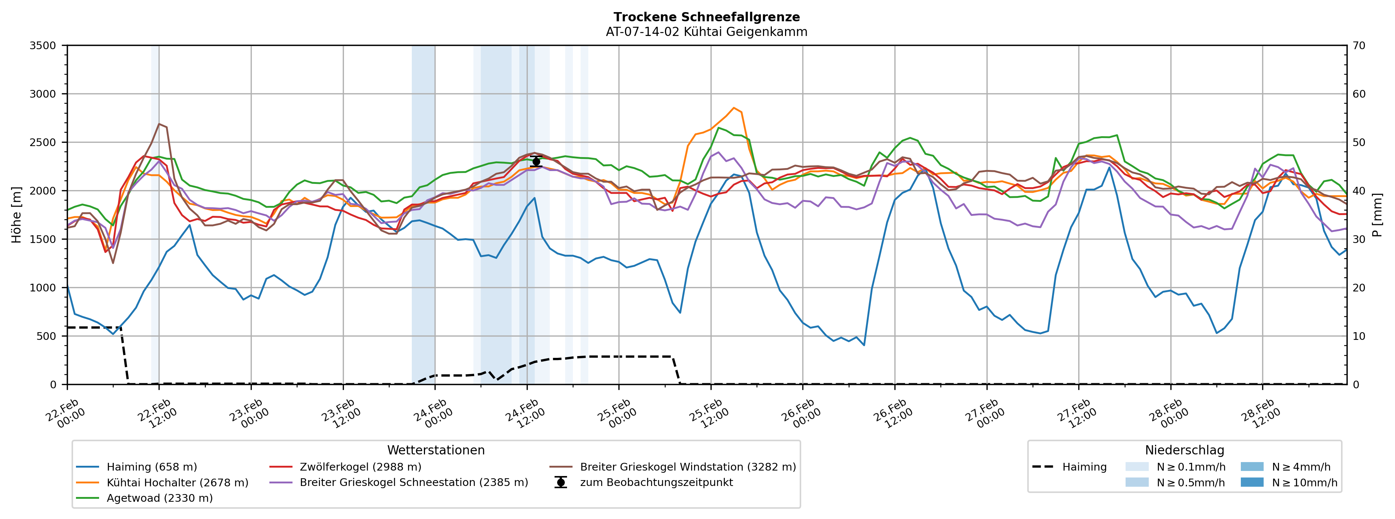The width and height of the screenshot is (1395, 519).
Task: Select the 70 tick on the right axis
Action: tap(1359, 46)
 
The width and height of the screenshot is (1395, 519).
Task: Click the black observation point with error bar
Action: tap(536, 161)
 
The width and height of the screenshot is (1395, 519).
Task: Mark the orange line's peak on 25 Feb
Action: tap(734, 108)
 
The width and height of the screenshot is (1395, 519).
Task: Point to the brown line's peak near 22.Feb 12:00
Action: tap(159, 124)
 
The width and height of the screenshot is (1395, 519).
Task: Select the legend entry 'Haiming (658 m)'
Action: tap(152, 467)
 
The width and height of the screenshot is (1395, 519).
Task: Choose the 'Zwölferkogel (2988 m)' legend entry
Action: tap(360, 467)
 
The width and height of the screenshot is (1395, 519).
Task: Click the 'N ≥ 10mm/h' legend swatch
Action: tap(1251, 483)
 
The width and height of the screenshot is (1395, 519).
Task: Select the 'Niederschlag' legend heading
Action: tap(1184, 450)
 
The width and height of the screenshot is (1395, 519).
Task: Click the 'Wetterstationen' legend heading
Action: tap(436, 450)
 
